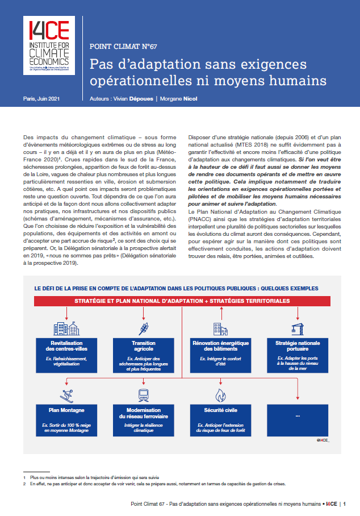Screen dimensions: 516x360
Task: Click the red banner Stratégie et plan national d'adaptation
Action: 182,301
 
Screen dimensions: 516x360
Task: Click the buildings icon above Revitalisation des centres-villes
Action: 62,328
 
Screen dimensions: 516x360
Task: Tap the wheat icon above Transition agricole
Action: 143,328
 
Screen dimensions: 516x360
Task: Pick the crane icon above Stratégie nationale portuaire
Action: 298,328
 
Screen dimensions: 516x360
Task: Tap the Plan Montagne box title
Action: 66,409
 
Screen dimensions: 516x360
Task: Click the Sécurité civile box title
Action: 220,409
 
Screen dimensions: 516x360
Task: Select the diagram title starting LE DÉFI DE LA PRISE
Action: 176,288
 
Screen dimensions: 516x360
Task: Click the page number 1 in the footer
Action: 344,503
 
